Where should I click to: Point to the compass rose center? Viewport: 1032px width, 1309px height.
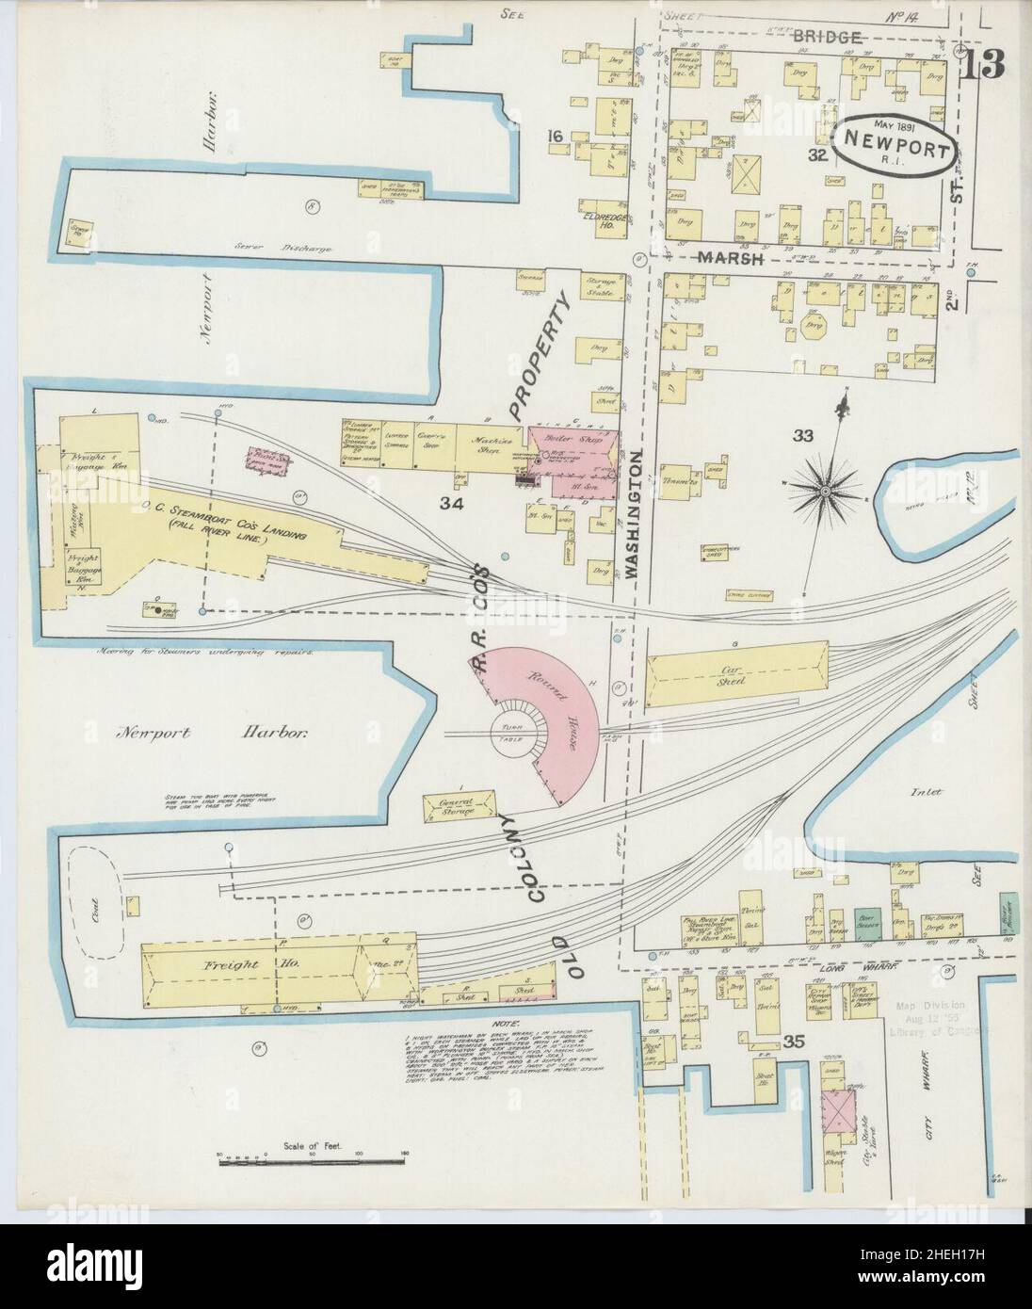[825, 490]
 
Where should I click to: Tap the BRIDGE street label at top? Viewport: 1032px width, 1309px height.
[828, 37]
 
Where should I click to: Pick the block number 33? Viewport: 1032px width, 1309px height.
[802, 435]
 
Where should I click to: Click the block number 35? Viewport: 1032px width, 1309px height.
[795, 1041]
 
